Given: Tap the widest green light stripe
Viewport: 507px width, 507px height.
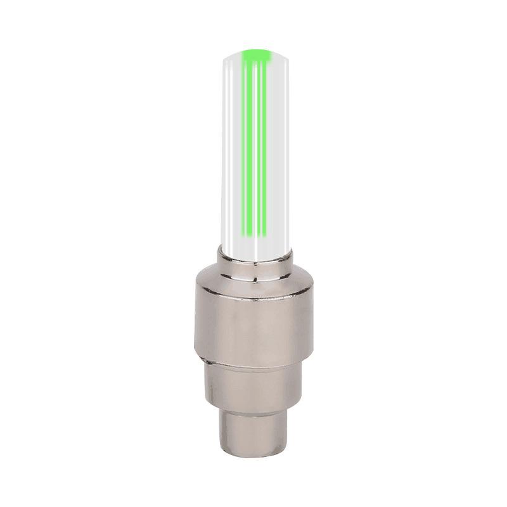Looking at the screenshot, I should (x=248, y=146).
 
